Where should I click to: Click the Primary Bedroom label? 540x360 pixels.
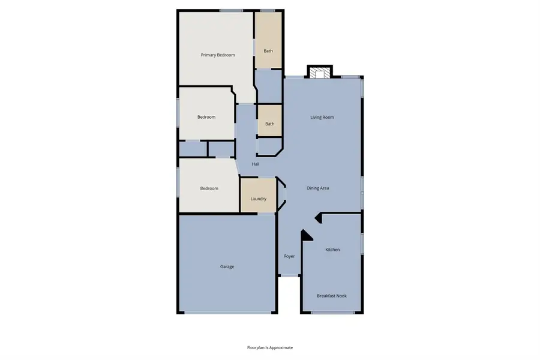tap(218, 55)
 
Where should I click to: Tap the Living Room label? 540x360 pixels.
tap(322, 118)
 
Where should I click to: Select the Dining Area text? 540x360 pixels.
tap(318, 188)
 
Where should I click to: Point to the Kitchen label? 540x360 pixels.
tap(332, 250)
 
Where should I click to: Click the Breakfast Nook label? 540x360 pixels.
tap(332, 296)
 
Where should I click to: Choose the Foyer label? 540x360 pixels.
tap(290, 257)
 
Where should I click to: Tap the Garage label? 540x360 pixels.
tap(227, 266)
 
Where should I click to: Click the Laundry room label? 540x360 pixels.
tap(258, 199)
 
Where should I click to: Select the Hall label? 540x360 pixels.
tap(256, 164)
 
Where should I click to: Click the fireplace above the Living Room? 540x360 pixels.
tap(319, 73)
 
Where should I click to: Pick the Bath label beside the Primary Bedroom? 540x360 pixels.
tap(268, 51)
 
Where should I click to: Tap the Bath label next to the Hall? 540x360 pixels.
tap(270, 124)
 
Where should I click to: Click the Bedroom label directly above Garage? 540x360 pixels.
tap(209, 188)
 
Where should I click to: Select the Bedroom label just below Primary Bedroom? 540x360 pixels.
tap(206, 117)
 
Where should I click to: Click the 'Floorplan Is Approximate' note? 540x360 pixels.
tap(270, 347)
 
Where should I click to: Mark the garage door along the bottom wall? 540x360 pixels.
tap(229, 313)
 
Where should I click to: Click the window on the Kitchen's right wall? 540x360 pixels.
tap(362, 242)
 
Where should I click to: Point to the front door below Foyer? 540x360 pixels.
tap(290, 275)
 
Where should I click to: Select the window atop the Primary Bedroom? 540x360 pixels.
tap(231, 10)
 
